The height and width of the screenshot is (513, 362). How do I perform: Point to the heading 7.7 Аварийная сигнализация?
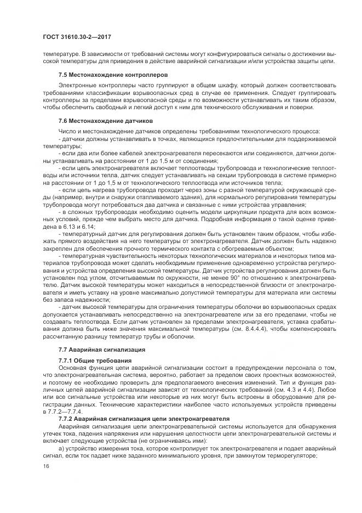point(101,349)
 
